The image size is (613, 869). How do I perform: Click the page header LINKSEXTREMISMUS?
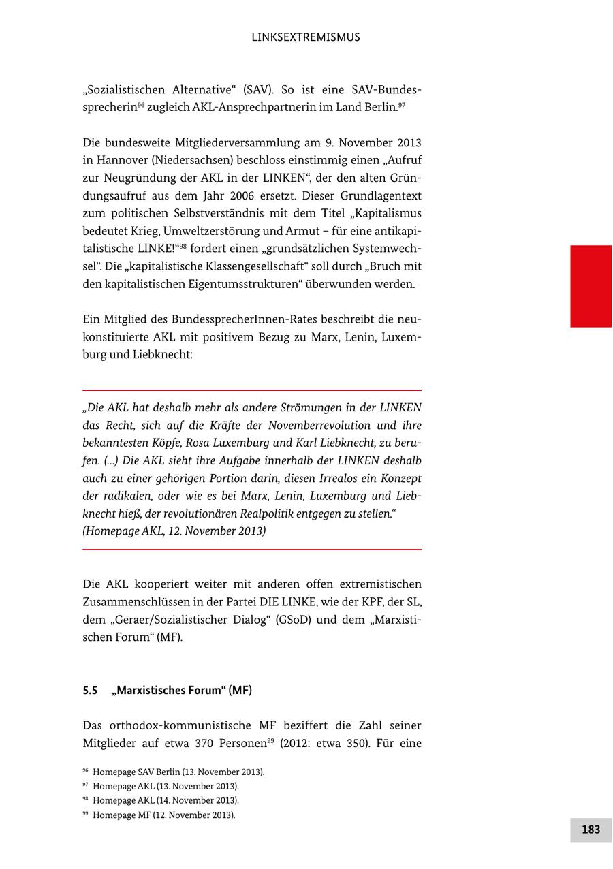tap(306, 37)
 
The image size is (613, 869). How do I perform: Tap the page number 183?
tap(591, 829)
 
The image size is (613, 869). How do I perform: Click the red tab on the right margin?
tap(591, 286)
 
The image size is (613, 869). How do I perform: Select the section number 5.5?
tap(90, 691)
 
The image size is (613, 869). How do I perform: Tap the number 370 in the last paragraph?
tap(205, 744)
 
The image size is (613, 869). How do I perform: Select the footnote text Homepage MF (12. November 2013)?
tap(163, 815)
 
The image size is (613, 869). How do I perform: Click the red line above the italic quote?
tap(252, 390)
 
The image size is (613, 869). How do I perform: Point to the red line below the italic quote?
tap(252, 549)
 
